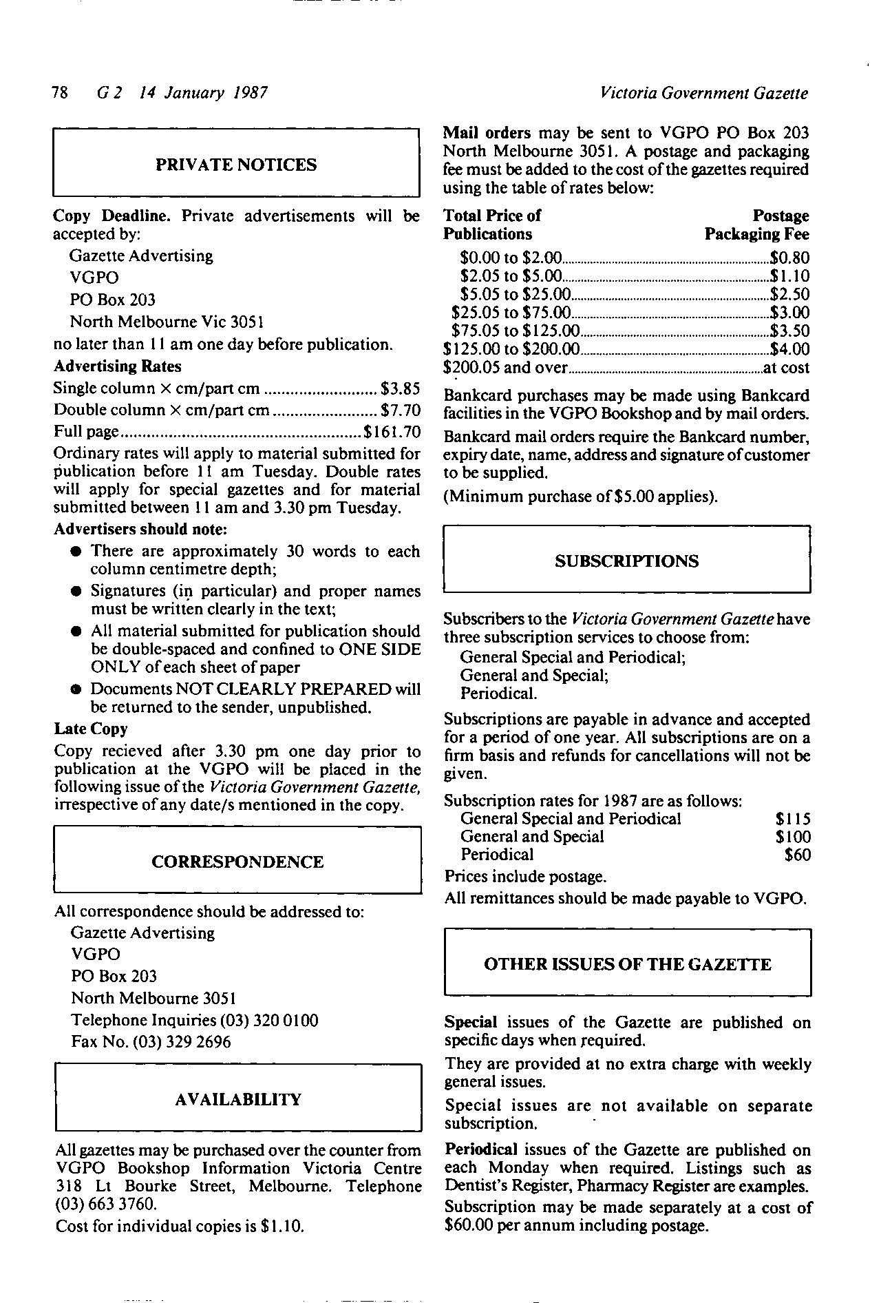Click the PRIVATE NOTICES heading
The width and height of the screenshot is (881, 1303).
point(236,165)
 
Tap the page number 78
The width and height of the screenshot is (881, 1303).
point(60,92)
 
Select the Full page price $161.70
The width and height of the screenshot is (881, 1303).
point(392,432)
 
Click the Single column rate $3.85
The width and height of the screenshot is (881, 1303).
point(400,388)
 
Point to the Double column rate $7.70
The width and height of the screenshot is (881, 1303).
point(400,410)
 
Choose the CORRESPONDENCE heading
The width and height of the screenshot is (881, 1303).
point(237,862)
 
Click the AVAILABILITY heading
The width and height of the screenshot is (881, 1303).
point(238,1099)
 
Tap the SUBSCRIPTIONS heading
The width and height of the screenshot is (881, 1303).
point(626,561)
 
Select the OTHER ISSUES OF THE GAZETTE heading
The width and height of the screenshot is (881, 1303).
point(627,964)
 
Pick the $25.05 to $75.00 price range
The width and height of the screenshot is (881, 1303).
point(511,313)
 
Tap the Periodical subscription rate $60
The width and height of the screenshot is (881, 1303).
point(798,855)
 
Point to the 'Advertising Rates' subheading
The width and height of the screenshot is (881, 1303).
point(117,366)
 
